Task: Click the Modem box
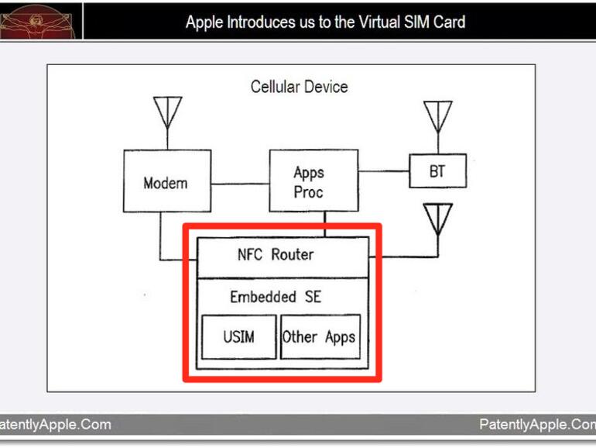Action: click(165, 183)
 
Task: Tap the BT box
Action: click(437, 171)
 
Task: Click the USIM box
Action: click(238, 336)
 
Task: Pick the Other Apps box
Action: click(319, 336)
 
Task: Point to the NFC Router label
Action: click(276, 254)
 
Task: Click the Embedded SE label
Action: click(276, 297)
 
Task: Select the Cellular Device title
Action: click(299, 87)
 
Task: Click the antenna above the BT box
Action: click(437, 117)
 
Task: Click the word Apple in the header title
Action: click(204, 22)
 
